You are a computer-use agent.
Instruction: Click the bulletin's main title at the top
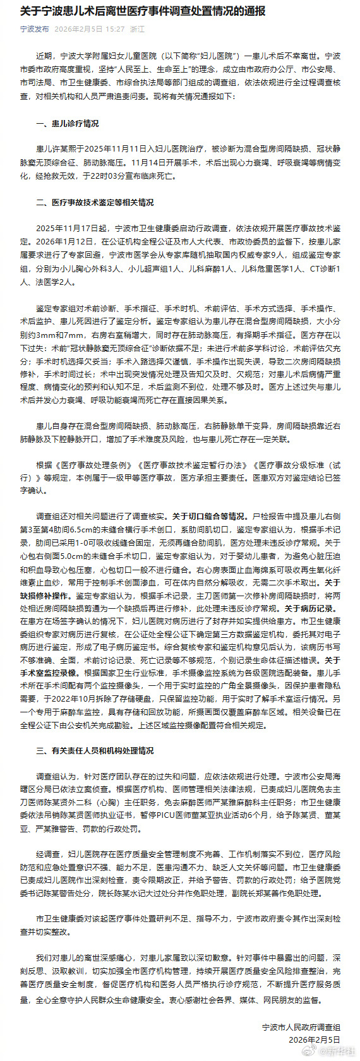[143, 11]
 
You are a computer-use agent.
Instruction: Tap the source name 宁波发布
[34, 29]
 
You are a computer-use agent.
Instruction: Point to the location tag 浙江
[137, 29]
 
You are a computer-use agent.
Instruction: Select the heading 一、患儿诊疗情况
[68, 124]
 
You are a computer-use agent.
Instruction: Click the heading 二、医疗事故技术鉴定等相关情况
[95, 203]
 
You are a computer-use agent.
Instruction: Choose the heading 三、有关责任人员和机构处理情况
[95, 751]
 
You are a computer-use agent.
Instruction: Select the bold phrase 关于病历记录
[309, 609]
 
